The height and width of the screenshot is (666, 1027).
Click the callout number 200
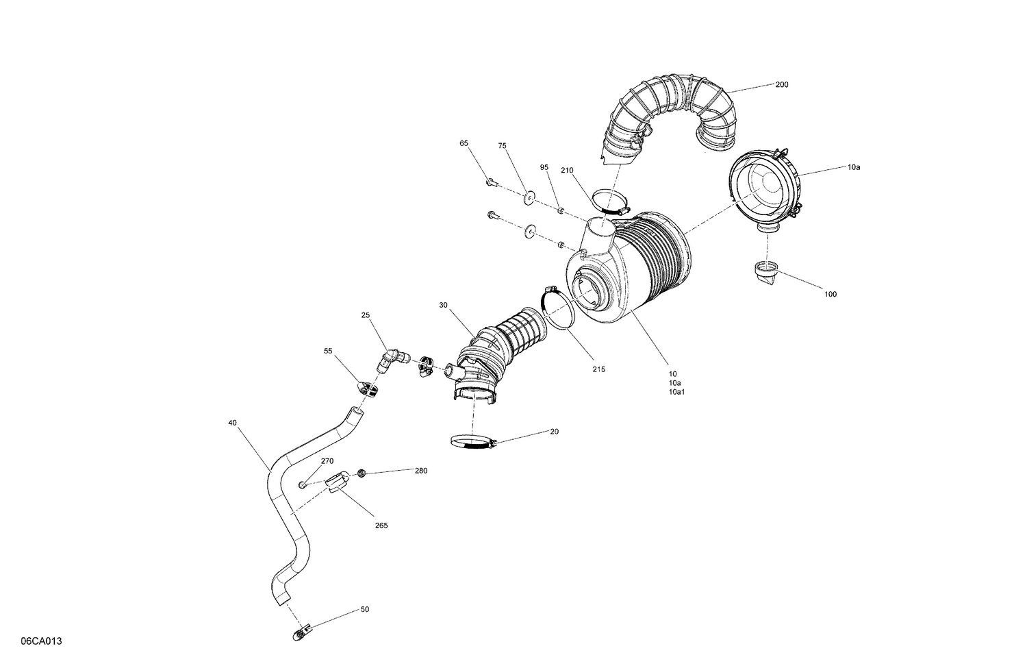tap(781, 85)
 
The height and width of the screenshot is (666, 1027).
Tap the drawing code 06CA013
tap(42, 641)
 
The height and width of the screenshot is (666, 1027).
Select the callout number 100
tap(830, 295)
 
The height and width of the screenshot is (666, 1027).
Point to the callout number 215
tap(598, 369)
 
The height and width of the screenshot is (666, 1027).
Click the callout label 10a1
tap(678, 393)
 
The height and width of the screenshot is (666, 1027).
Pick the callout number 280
tap(420, 471)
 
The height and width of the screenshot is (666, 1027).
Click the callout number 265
tap(381, 526)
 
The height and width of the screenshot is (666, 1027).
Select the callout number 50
tap(364, 609)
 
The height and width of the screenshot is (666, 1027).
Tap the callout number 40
tap(233, 423)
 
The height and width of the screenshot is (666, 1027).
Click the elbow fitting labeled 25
tap(394, 358)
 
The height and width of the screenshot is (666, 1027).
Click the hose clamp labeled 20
tap(472, 443)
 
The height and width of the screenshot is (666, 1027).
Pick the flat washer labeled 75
tap(529, 199)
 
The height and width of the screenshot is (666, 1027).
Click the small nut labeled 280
tap(362, 473)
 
